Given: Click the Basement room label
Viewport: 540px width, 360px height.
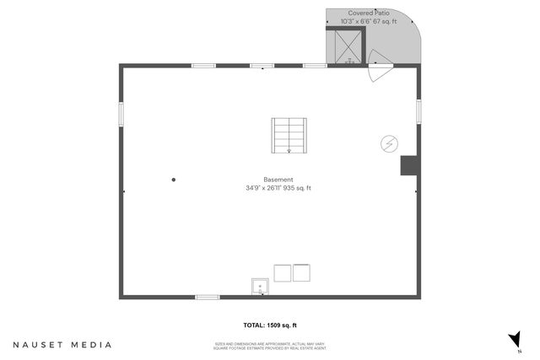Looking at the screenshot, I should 278,180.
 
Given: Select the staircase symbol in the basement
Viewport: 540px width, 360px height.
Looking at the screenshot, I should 289,136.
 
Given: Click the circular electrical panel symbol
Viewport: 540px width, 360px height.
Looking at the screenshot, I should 390,143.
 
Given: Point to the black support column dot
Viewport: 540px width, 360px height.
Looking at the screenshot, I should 174,179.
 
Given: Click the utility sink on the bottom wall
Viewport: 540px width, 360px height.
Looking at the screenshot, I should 260,286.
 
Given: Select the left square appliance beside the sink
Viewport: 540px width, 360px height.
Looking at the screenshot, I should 282,273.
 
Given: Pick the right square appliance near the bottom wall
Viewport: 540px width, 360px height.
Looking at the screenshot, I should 301,273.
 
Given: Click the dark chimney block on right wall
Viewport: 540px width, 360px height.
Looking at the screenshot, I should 408,164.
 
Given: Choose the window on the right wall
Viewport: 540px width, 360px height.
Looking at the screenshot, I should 418,111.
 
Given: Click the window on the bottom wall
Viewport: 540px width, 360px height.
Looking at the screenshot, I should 208,297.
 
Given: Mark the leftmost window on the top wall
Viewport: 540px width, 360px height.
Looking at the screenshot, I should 203,66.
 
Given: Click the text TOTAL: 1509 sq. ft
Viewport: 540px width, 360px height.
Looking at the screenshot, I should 270,325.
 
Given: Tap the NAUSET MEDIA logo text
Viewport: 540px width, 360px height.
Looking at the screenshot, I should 62,345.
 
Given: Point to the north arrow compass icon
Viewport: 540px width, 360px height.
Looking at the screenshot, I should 513,339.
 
